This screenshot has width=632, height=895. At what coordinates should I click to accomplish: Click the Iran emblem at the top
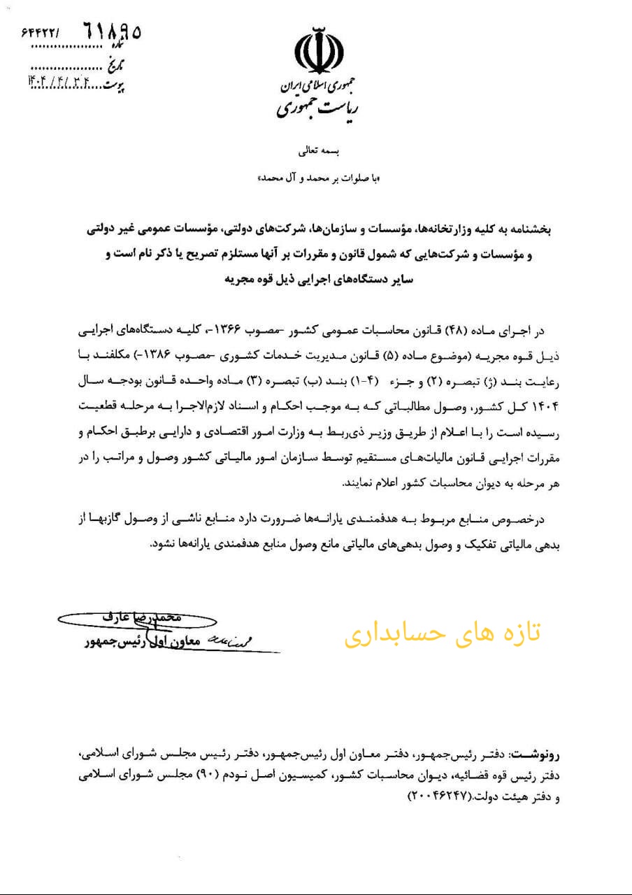(x=319, y=52)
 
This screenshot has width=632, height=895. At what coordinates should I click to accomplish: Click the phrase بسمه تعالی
(x=318, y=150)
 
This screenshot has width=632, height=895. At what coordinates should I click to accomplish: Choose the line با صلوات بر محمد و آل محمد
(x=319, y=179)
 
